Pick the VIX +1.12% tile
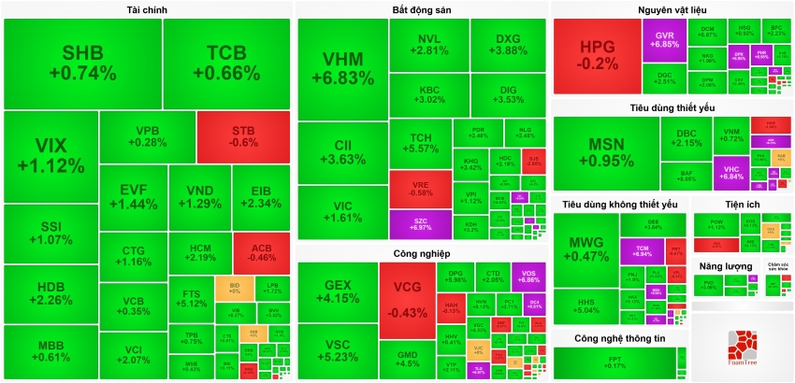coord(51,155)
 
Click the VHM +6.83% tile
coord(341,71)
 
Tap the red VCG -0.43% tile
coord(407,299)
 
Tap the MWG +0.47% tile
coord(586,249)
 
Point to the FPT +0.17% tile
coord(614,363)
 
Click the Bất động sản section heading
coord(422,10)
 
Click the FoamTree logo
coord(742,350)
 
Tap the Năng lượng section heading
coord(726,266)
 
